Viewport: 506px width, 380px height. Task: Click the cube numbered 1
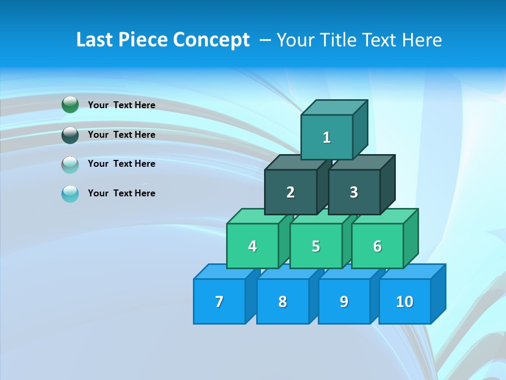click(x=327, y=137)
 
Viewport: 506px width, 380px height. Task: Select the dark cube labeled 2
click(x=290, y=192)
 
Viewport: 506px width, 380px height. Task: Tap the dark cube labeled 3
click(x=354, y=192)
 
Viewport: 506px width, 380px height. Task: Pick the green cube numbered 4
click(x=252, y=246)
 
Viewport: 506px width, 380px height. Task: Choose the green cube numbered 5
click(x=316, y=246)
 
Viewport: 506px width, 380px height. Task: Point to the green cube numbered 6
click(x=377, y=246)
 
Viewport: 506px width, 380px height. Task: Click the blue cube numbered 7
click(x=219, y=301)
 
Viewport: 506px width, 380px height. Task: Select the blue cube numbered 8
click(x=283, y=301)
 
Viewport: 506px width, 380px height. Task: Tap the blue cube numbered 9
click(x=344, y=301)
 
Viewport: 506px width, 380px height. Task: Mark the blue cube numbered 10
click(x=404, y=301)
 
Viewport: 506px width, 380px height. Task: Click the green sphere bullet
click(x=70, y=104)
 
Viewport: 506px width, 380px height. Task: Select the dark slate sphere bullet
click(x=70, y=135)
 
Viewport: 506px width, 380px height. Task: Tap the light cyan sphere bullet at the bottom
click(x=70, y=194)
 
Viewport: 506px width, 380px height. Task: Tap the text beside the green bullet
click(x=122, y=105)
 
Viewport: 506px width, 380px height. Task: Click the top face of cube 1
click(x=334, y=107)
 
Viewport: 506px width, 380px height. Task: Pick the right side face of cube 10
click(x=439, y=293)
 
